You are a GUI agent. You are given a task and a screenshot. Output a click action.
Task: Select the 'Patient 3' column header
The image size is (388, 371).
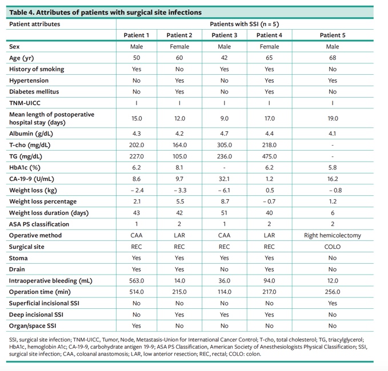tap(225, 35)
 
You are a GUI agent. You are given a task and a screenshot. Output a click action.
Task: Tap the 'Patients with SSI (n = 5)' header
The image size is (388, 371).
tap(245, 24)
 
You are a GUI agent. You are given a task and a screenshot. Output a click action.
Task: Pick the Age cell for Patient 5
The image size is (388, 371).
tap(333, 58)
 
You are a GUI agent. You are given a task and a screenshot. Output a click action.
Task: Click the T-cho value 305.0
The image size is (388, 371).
tap(225, 145)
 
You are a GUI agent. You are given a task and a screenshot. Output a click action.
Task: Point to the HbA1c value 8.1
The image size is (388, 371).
tap(179, 168)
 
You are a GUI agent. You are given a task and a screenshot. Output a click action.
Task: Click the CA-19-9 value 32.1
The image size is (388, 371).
tap(225, 179)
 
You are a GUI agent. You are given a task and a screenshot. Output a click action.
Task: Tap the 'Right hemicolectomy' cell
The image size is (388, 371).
tap(333, 235)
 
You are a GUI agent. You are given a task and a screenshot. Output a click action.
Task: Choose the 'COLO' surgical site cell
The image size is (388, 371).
tap(333, 247)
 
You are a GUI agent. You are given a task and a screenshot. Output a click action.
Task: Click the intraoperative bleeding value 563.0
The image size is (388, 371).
tap(137, 281)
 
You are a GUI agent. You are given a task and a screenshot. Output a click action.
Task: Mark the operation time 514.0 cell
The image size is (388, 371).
tap(137, 292)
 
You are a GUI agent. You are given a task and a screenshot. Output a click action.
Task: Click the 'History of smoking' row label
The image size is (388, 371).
tap(37, 69)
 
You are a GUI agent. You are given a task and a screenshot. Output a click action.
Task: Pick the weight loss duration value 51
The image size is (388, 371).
tap(225, 213)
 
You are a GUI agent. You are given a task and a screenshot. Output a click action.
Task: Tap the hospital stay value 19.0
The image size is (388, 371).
tap(333, 118)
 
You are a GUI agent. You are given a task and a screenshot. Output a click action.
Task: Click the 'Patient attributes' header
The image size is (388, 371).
tap(35, 24)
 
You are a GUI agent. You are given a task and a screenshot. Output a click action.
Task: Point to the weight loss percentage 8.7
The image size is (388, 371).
tap(225, 201)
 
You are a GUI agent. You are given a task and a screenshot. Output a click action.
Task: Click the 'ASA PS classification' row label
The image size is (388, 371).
tap(39, 224)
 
